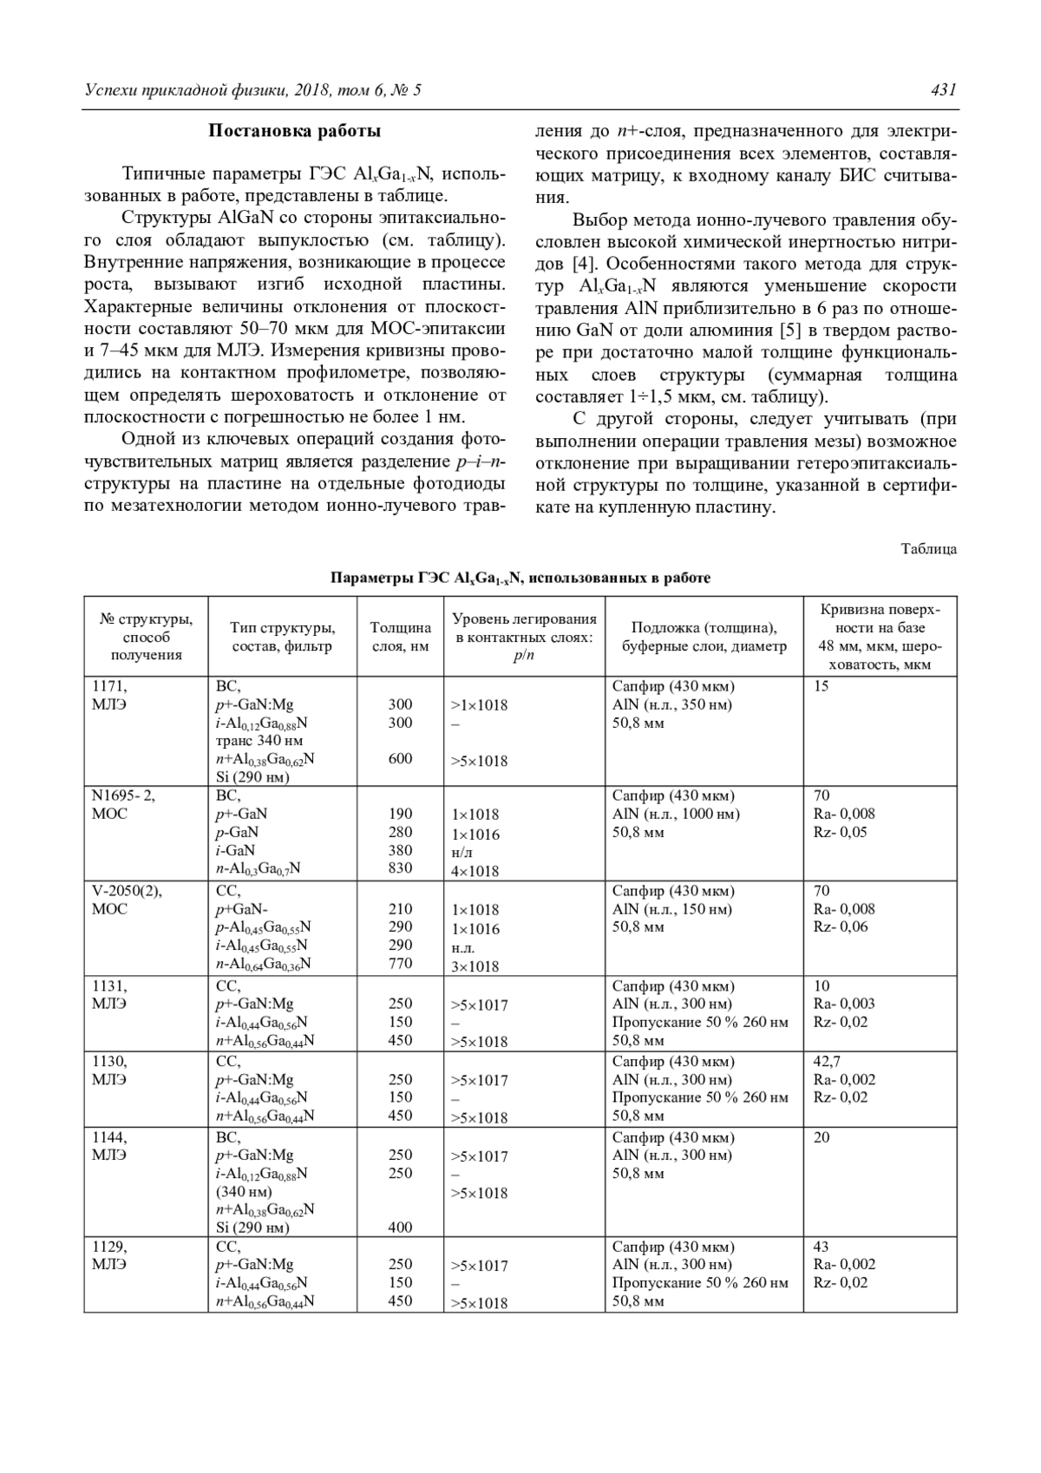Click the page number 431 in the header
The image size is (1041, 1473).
tap(942, 90)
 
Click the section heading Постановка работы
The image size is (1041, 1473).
tap(294, 132)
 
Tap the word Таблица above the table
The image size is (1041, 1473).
tap(928, 549)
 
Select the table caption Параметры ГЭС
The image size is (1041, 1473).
tap(520, 578)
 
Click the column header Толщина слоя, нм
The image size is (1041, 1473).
tap(400, 637)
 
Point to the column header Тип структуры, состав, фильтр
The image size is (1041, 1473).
tap(282, 637)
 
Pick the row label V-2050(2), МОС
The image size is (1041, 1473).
tap(127, 900)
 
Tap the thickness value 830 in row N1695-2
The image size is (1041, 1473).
tap(400, 868)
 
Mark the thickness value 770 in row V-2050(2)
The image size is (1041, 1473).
tap(400, 964)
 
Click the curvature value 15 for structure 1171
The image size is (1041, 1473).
tap(821, 686)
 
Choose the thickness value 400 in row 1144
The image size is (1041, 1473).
tap(400, 1227)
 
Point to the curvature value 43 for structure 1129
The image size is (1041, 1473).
tap(821, 1247)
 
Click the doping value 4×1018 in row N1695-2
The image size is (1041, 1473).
tap(475, 871)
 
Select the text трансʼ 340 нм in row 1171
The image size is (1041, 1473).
tap(259, 741)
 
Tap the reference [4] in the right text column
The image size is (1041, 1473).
tap(580, 263)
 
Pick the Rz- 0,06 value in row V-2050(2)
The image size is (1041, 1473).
tap(840, 927)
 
